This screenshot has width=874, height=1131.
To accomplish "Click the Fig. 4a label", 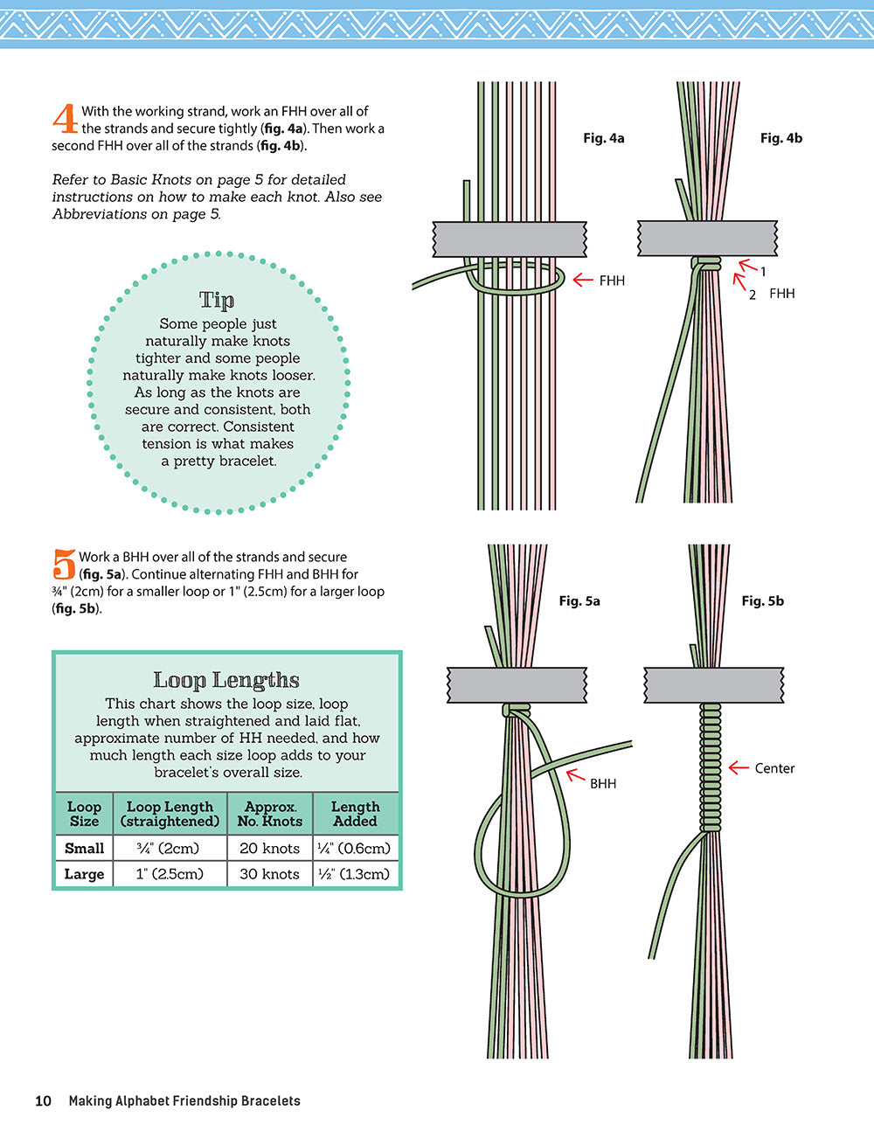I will (603, 138).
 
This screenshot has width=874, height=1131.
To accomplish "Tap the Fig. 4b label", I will (780, 138).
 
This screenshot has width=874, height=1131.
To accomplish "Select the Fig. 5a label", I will (579, 601).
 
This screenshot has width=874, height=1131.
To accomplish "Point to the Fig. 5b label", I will (762, 601).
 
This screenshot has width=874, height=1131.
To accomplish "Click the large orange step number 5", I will (64, 565).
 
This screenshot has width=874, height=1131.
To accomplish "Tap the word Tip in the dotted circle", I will (217, 300).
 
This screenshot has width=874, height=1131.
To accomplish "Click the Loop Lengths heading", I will (226, 680).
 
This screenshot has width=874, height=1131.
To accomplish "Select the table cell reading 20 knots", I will (269, 848).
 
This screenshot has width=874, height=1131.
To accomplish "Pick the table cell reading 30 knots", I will (269, 874).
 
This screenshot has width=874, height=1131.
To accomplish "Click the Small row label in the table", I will (84, 848).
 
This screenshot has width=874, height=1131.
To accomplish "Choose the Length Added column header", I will (355, 814).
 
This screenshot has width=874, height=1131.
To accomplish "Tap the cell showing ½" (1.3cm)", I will (355, 874).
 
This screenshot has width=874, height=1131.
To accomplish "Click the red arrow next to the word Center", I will (739, 768).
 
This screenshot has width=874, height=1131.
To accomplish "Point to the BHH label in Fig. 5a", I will (603, 784).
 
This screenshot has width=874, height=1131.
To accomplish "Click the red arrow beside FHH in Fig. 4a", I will (582, 281).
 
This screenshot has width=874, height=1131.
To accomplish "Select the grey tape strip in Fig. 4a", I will (510, 239).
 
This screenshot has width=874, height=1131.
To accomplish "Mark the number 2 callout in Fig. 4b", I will (753, 295).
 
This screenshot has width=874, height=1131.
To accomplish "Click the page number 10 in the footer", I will (44, 1101).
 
